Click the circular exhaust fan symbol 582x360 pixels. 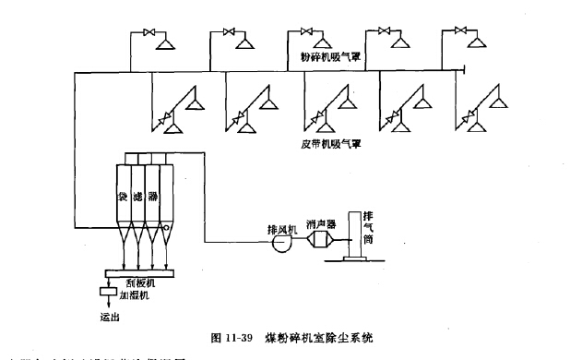(x=279, y=244)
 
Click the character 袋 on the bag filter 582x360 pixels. (x=121, y=197)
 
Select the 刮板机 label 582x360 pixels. (x=137, y=282)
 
